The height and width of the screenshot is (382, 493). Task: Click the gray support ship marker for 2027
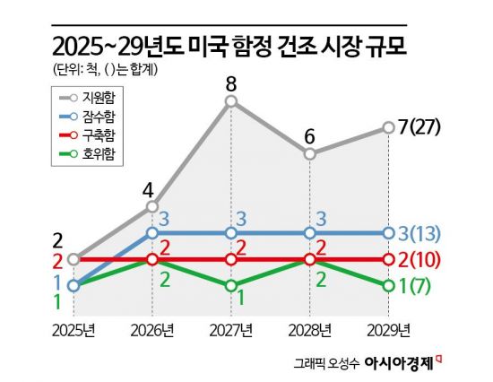231,101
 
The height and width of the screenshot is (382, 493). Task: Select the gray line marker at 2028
309,153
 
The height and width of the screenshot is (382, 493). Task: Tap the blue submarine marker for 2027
231,233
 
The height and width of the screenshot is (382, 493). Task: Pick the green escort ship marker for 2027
231,285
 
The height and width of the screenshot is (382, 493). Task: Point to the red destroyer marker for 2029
388,259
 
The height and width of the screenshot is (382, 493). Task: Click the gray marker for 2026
152,206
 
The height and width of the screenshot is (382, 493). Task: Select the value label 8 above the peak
231,84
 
